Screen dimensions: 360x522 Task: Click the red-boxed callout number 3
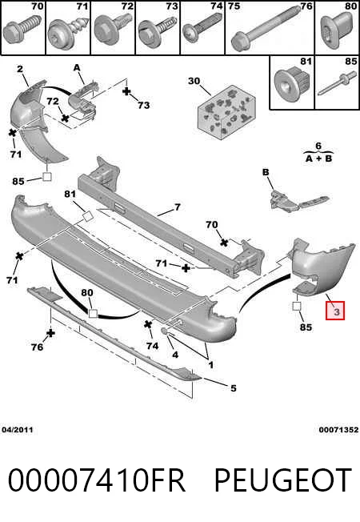(336, 311)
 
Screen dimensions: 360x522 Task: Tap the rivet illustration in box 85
(337, 85)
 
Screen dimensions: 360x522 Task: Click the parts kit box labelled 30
(227, 111)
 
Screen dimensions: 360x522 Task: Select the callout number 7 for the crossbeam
(178, 207)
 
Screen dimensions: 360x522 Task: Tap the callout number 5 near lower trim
(234, 387)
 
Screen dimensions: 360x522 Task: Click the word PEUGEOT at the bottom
(283, 480)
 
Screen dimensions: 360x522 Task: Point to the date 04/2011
(18, 430)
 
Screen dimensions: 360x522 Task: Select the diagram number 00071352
(338, 430)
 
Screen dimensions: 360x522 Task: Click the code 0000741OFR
(97, 480)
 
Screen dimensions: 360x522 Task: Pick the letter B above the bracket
(266, 172)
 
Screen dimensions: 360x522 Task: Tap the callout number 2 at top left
(20, 69)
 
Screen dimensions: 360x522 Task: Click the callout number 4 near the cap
(175, 355)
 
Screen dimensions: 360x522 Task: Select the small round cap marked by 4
(164, 331)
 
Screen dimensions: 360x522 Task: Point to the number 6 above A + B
(318, 146)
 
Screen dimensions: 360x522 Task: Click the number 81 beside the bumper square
(70, 194)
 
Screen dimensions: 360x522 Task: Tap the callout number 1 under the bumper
(210, 365)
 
